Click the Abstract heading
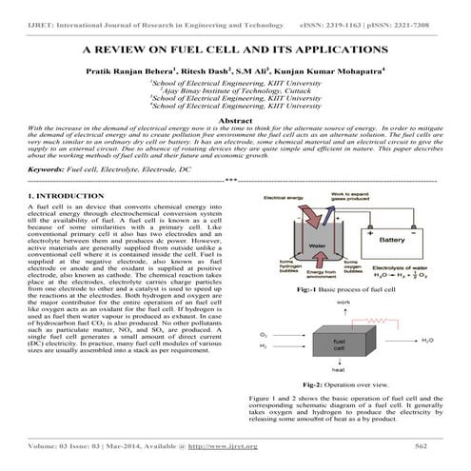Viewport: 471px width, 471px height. pos(235,121)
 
